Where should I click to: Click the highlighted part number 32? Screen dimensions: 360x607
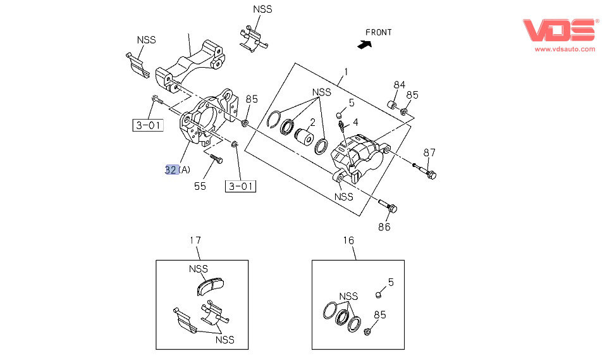(x=171, y=170)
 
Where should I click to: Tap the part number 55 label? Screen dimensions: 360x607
(x=200, y=186)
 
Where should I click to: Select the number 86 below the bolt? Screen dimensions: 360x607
(x=384, y=227)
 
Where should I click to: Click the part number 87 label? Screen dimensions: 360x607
(x=430, y=152)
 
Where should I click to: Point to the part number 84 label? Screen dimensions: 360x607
(x=399, y=85)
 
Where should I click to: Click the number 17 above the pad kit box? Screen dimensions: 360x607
(x=195, y=240)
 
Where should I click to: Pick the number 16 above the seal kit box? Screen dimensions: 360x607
(x=349, y=240)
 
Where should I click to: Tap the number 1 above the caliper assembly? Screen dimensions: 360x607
(x=346, y=71)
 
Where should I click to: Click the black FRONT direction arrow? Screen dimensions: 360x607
(x=364, y=44)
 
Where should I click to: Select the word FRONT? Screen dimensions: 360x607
(x=378, y=32)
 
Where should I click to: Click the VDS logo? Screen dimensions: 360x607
(x=559, y=30)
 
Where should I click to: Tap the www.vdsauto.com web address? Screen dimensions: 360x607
(x=565, y=49)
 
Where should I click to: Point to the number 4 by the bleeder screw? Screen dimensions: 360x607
(x=356, y=122)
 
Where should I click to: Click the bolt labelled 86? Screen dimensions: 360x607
(x=387, y=206)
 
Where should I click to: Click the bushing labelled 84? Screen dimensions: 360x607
(x=391, y=104)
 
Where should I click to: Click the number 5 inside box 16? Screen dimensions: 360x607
(x=390, y=282)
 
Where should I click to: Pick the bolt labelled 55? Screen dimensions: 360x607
(x=214, y=158)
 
